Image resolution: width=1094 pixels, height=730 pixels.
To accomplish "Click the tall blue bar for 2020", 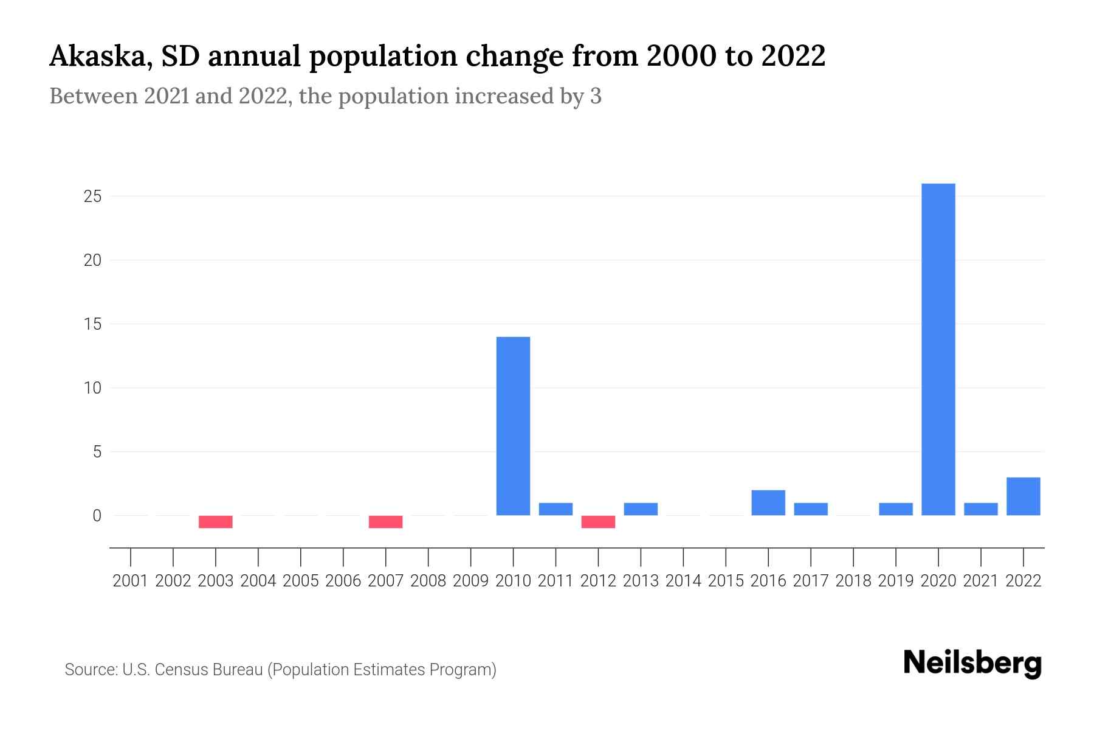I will coord(938,349).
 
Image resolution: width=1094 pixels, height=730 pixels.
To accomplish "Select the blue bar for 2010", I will coord(513,426).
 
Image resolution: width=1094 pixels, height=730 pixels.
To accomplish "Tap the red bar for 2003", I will coord(216,522).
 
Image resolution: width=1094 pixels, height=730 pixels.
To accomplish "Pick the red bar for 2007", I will coord(385,522).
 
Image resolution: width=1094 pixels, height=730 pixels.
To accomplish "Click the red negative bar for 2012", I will coord(598,522).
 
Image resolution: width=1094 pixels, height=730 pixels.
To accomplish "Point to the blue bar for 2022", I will coord(1023,496).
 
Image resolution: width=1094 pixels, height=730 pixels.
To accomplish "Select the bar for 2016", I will coord(768,503).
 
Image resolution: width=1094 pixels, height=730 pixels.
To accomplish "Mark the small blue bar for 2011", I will coord(556,509).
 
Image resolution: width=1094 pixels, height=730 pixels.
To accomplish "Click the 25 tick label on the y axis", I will coord(92,196).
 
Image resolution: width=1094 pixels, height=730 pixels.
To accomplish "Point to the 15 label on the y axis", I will coord(92,324).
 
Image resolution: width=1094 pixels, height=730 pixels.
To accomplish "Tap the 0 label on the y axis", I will coord(97,516).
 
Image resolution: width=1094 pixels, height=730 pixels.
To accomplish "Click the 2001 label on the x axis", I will coord(131,581).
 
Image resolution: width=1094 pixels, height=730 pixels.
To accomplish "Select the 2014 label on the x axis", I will coord(683,581).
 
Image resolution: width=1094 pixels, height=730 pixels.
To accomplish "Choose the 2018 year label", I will coord(853,581).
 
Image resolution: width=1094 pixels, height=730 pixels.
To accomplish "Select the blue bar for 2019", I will coord(895,509).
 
